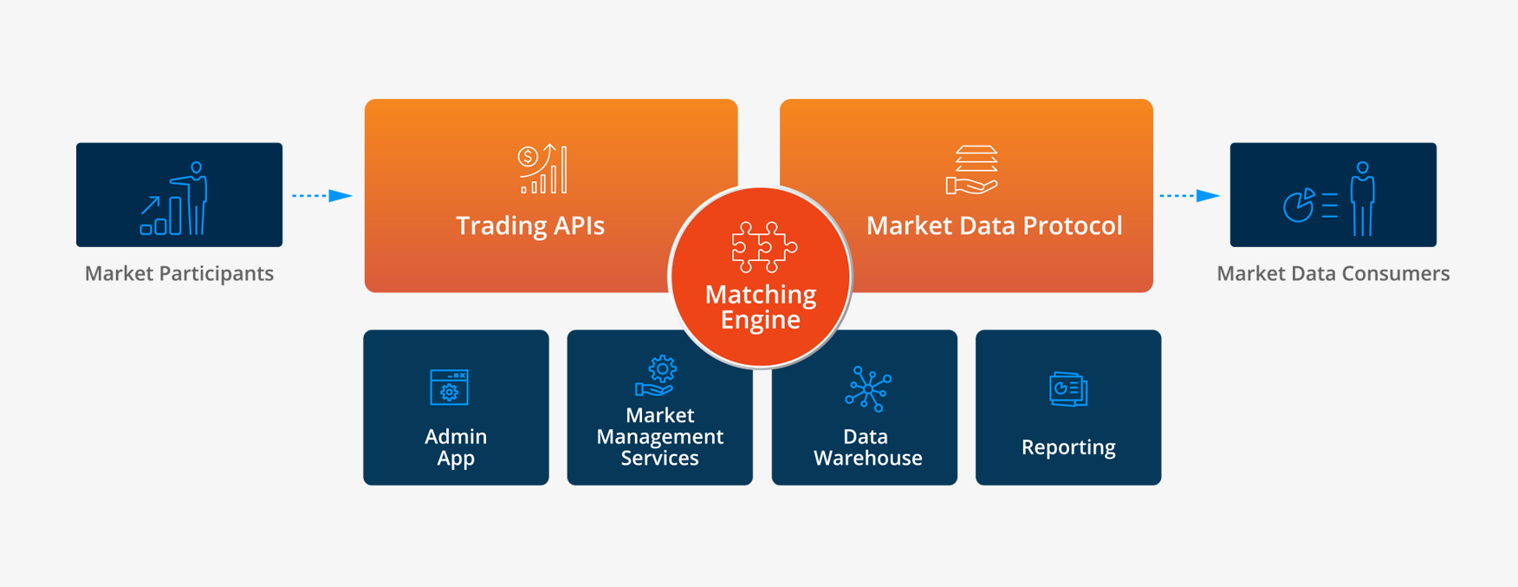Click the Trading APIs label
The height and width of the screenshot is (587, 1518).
point(530,225)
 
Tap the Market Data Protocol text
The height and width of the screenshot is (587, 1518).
point(994,225)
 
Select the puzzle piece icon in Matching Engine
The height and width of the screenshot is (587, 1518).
point(764,247)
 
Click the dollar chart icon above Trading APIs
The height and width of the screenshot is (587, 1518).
point(543,169)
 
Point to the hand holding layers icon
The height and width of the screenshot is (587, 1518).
point(972,170)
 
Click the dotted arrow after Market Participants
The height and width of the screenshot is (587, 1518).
point(321,196)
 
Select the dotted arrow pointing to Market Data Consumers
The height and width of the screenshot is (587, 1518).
point(1190,196)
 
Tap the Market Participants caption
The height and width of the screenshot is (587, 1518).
point(179,273)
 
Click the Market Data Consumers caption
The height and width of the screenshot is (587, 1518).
point(1333,273)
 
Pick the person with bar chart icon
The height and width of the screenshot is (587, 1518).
point(175,199)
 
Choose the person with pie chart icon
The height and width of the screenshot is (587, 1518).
point(1330,199)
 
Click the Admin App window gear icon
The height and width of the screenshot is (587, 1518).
point(450,387)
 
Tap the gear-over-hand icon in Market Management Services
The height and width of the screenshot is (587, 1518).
point(657,376)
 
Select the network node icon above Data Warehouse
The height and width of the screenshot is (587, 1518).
point(867,388)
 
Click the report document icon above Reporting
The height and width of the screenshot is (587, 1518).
point(1068,389)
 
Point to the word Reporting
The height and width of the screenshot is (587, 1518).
point(1068,447)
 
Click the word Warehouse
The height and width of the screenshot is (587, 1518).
point(868,458)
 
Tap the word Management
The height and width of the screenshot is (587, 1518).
point(660,437)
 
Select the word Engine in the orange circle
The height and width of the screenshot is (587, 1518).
point(761,320)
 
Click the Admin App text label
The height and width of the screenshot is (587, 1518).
point(456,447)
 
